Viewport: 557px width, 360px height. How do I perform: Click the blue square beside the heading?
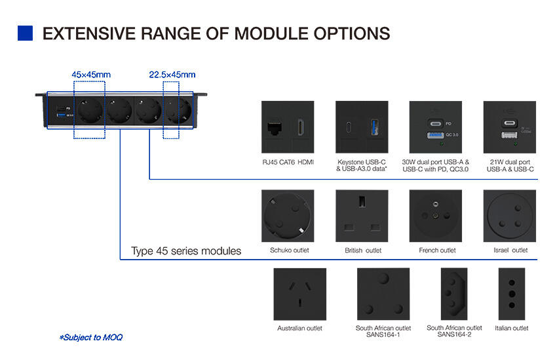click(x=25, y=33)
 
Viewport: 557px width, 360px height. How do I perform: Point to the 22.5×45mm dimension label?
click(x=172, y=75)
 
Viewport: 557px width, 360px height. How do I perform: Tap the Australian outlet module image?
click(x=299, y=293)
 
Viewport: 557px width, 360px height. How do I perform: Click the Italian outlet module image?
click(x=511, y=293)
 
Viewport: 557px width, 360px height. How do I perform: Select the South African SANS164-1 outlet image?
click(x=383, y=293)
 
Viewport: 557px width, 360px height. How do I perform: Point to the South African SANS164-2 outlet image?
click(x=454, y=293)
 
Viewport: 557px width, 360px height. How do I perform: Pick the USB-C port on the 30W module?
click(x=435, y=122)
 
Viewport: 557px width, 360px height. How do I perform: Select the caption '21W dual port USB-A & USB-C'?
click(x=510, y=165)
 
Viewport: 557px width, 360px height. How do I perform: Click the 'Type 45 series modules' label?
click(x=186, y=251)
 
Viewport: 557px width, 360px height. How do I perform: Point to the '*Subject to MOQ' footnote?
click(x=90, y=338)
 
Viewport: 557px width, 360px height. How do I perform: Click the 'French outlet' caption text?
click(x=437, y=250)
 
